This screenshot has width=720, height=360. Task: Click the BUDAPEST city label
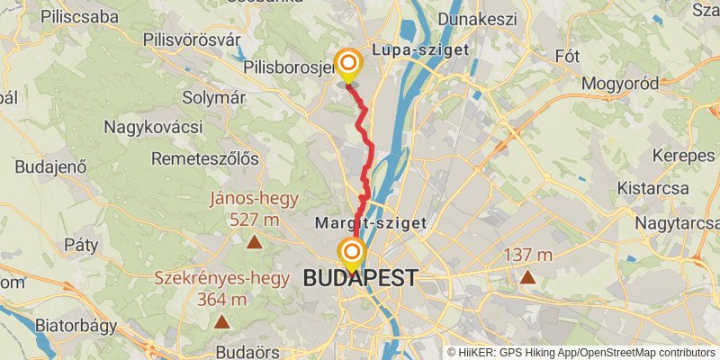pos(360,278)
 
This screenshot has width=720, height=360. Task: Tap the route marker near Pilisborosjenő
pos(347,64)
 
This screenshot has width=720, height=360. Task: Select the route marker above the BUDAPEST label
pos(351,253)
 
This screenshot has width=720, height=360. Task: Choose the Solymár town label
pos(213,97)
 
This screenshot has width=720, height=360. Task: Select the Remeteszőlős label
pos(205,158)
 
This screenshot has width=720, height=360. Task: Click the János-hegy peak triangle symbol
pos(255,241)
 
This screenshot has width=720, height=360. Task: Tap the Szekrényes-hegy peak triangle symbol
pos(221,320)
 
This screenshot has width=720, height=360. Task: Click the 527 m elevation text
pos(255,220)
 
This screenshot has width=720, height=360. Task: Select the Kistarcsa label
pos(652,188)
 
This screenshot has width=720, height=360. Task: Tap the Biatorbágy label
pos(75,325)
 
